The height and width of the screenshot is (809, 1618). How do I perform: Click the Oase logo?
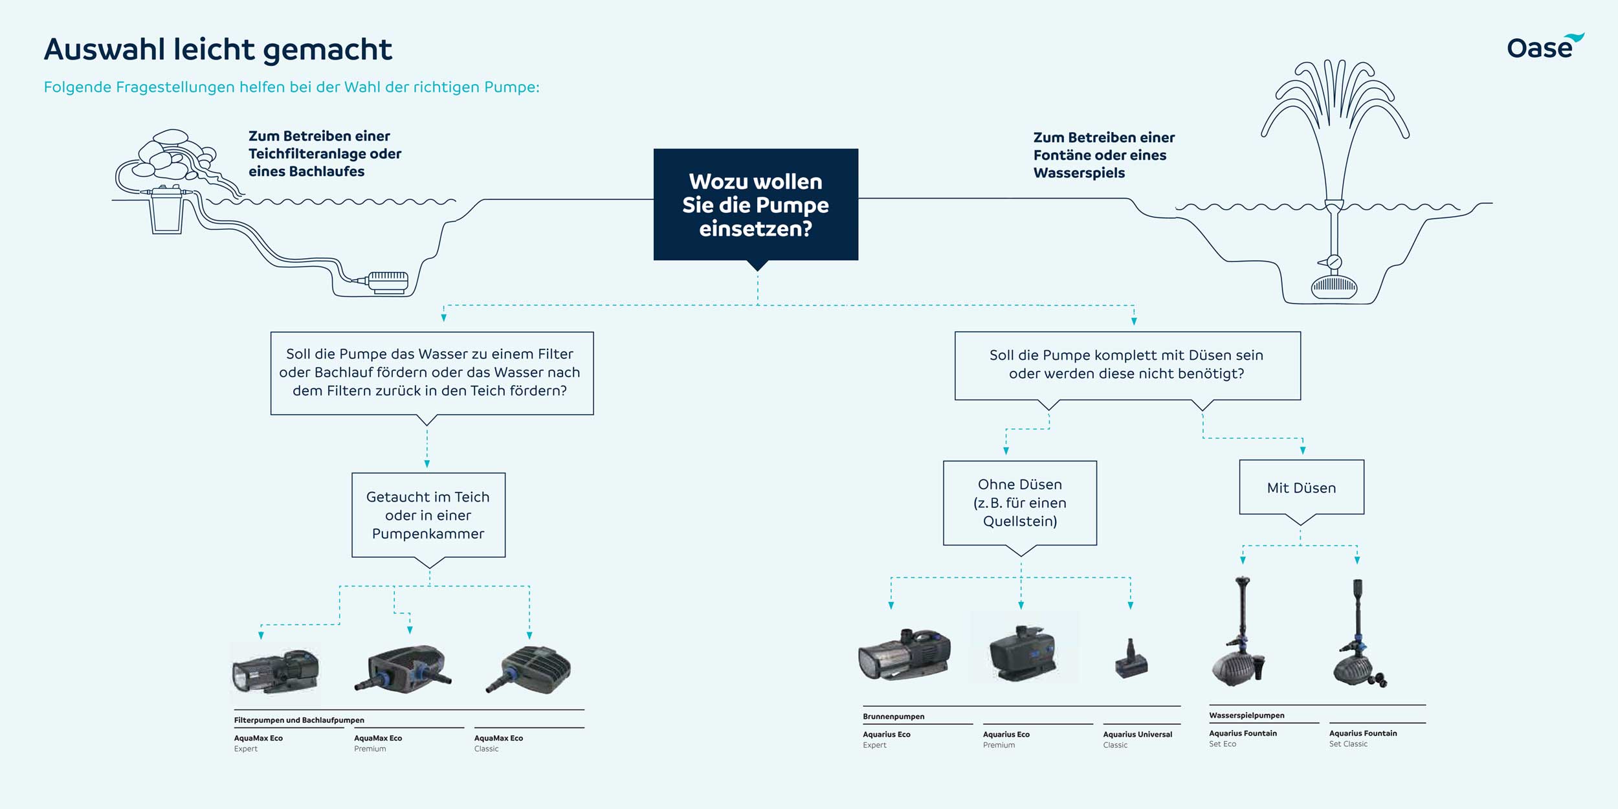coord(1544,47)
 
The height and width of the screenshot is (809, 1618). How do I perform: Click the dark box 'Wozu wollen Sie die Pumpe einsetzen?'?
coord(755,205)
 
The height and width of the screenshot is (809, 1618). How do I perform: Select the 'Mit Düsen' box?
coord(1301,488)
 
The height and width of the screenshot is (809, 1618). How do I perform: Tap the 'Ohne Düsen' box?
coord(1019,503)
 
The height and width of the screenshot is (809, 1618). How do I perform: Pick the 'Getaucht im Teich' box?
coord(428,515)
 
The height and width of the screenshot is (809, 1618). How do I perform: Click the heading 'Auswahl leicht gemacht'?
coord(218,49)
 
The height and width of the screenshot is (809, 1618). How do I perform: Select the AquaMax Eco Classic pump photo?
coord(529,670)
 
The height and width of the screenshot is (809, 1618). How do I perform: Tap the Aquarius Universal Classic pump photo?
coord(1131,660)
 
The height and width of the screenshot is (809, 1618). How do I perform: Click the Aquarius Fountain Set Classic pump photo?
coord(1358,641)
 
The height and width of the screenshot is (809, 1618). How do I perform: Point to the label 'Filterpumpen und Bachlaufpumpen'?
coord(299,720)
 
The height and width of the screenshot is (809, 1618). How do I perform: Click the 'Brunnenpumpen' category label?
coord(893,716)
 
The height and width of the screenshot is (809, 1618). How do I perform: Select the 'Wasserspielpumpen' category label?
coord(1247,715)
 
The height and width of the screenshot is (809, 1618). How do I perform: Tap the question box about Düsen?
coord(1127,365)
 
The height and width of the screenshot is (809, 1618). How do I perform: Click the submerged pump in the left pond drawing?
coord(388,282)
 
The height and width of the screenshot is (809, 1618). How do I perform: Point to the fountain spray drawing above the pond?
coord(1335,104)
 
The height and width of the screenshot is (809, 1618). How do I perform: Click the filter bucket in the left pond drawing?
coord(167,210)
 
